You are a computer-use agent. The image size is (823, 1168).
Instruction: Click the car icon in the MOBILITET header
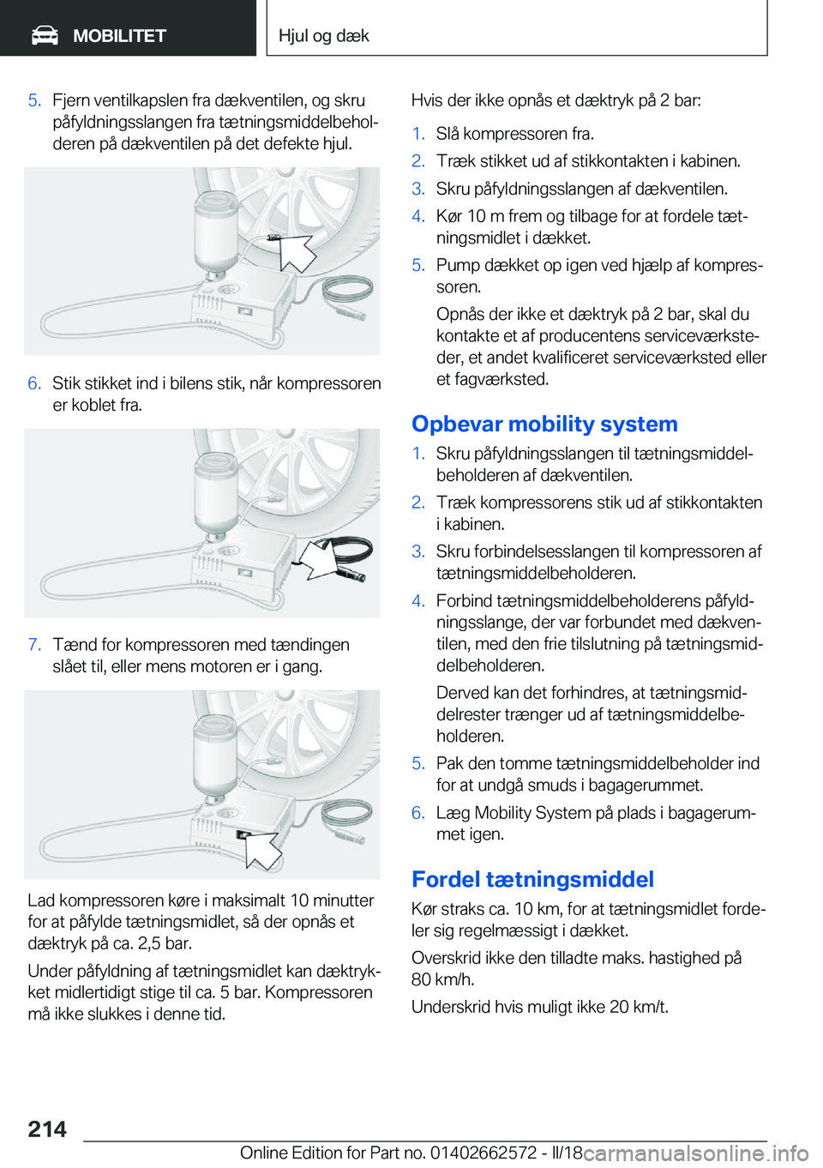pyautogui.click(x=45, y=35)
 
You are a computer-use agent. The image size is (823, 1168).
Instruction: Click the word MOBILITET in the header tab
pyautogui.click(x=119, y=36)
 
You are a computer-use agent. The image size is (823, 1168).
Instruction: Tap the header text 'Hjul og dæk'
pyautogui.click(x=323, y=36)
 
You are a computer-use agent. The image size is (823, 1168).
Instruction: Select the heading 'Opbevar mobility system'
pyautogui.click(x=544, y=424)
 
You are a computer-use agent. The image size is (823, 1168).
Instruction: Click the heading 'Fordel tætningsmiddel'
pyautogui.click(x=532, y=879)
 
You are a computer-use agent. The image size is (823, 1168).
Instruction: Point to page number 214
pyautogui.click(x=47, y=1129)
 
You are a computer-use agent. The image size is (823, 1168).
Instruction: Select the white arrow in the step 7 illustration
pyautogui.click(x=262, y=846)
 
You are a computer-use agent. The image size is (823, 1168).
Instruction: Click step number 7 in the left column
pyautogui.click(x=34, y=645)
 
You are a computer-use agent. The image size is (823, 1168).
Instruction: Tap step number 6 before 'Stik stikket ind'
pyautogui.click(x=34, y=383)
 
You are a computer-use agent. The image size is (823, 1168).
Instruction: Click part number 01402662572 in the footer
pyautogui.click(x=484, y=1153)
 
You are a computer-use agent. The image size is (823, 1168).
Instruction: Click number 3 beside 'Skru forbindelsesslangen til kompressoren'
pyautogui.click(x=418, y=551)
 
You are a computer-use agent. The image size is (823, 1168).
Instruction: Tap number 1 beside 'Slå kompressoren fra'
pyautogui.click(x=418, y=134)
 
